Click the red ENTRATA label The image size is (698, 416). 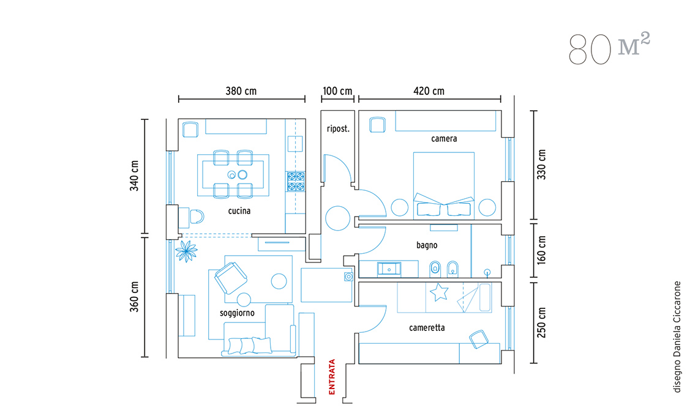[332, 377]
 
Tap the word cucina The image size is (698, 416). [239, 211]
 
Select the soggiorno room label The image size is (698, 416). [238, 313]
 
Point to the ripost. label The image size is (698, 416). [339, 129]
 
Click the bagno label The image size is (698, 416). [427, 245]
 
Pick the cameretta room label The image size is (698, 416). [427, 328]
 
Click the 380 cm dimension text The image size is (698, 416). [241, 91]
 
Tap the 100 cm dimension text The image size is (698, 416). [337, 91]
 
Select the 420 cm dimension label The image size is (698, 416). [429, 91]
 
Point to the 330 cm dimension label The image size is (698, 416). [541, 165]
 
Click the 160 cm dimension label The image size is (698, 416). [541, 250]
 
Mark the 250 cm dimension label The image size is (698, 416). [541, 322]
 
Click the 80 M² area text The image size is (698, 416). [609, 48]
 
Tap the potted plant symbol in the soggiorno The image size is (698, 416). [186, 251]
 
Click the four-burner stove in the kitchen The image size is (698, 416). [296, 182]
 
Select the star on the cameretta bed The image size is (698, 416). [440, 292]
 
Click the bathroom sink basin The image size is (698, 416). [389, 269]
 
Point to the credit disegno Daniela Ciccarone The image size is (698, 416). [677, 337]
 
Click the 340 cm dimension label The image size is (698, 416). [135, 176]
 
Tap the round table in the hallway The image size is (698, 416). [338, 218]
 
